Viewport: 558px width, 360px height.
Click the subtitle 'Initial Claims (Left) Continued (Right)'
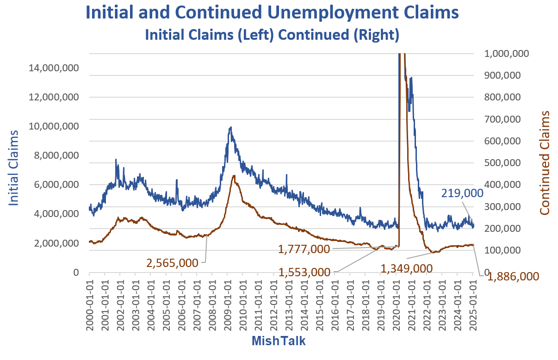coord(272,35)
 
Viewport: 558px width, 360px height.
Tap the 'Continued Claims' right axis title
coord(545,163)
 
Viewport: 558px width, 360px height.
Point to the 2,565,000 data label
coord(173,263)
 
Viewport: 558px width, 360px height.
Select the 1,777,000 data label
coord(304,249)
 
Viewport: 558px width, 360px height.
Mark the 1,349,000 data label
coord(407,268)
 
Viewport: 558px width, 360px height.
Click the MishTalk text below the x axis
coord(279,341)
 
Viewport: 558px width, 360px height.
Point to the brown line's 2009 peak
coord(234,176)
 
